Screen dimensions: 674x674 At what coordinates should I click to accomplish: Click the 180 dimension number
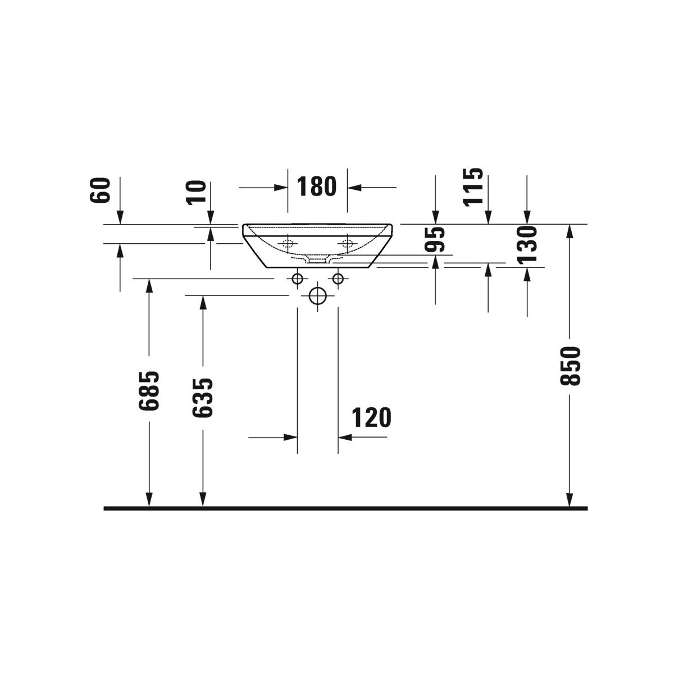(317, 186)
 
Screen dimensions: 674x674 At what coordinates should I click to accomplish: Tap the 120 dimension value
(371, 417)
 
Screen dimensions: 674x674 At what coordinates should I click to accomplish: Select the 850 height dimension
(570, 366)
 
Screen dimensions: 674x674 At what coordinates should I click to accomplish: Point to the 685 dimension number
(149, 391)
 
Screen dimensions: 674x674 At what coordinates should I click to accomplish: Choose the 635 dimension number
(203, 398)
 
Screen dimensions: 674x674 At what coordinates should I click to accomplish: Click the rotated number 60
(100, 190)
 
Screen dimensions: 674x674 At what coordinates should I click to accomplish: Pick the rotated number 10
(196, 193)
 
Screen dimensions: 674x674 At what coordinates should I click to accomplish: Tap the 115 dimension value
(473, 187)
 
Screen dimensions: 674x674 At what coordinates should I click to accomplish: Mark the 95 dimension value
(435, 240)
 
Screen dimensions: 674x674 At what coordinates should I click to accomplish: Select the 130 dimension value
(527, 244)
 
